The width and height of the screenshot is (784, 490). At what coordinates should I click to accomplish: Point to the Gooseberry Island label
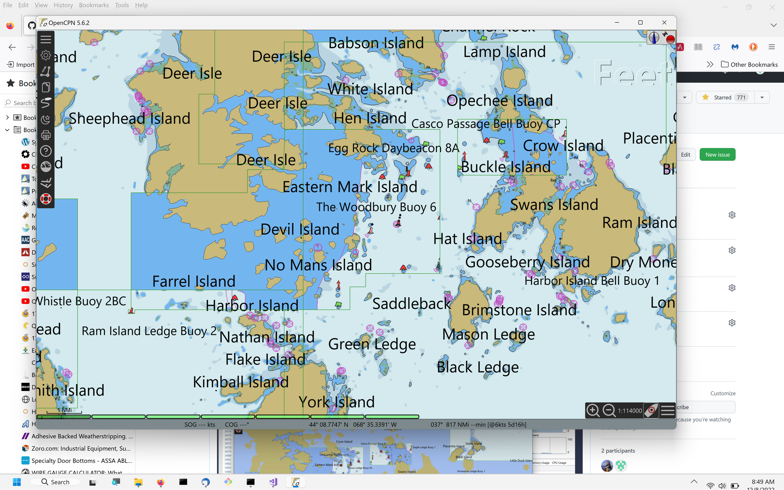tap(527, 262)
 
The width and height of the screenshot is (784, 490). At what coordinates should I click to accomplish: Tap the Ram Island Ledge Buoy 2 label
tap(149, 331)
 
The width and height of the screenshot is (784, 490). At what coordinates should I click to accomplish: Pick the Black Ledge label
tap(478, 367)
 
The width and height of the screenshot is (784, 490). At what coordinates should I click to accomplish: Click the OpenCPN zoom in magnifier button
tap(593, 410)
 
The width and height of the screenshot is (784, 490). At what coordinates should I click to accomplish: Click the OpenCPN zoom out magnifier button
tap(609, 410)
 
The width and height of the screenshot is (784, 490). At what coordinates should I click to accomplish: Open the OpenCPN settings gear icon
tap(46, 55)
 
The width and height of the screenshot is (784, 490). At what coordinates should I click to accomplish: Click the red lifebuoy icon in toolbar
tap(46, 199)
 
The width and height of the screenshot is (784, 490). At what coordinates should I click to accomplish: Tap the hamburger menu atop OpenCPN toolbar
tap(46, 39)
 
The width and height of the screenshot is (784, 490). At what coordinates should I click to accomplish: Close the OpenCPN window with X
tap(664, 23)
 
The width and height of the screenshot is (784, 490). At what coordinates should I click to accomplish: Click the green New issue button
tap(717, 155)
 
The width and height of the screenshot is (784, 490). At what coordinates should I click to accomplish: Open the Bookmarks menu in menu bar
tap(94, 5)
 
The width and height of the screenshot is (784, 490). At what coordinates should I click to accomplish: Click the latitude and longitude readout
tap(353, 424)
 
